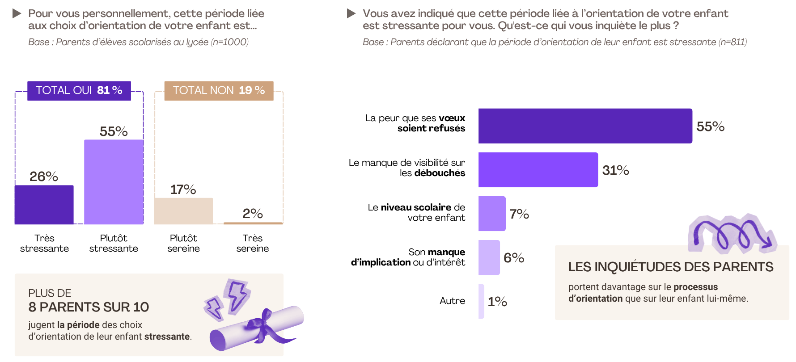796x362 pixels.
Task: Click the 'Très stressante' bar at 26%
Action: tap(44, 205)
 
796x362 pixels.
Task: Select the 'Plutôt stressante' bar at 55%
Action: tap(114, 182)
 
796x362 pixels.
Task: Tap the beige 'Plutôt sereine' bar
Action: tap(183, 211)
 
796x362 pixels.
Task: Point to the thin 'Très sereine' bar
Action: tap(253, 223)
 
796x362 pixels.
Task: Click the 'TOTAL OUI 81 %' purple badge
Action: tap(79, 91)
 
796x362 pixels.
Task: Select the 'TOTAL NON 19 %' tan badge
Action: tap(219, 91)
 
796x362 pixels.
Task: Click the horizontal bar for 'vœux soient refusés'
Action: tap(585, 126)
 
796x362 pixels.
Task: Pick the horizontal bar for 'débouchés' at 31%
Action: tap(538, 170)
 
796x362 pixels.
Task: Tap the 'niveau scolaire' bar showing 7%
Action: tap(492, 214)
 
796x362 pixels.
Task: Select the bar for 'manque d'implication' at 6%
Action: tap(489, 257)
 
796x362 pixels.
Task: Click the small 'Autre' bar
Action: tap(481, 301)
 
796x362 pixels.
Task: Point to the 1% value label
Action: tap(497, 302)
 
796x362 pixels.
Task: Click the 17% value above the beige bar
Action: tap(183, 189)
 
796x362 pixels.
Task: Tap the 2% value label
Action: tap(253, 214)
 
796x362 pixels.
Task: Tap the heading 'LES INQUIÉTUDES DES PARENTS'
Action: tap(670, 267)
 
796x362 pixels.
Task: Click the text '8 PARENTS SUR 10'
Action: tap(89, 307)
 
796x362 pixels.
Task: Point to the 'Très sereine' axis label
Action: tap(253, 243)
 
